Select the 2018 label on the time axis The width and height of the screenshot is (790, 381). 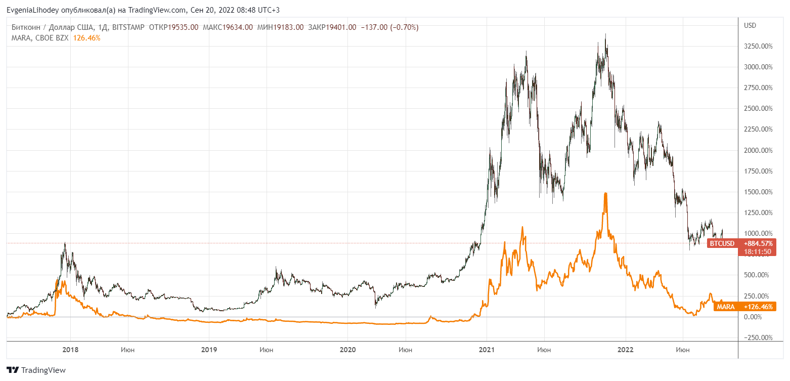click(70, 349)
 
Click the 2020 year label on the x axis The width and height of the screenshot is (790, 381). click(348, 349)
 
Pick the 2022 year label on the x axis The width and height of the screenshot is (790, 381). click(626, 349)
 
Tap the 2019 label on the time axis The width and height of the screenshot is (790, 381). click(209, 349)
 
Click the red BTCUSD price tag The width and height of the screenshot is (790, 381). click(722, 243)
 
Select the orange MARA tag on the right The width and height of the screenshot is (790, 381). click(726, 307)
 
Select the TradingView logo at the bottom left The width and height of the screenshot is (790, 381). click(36, 370)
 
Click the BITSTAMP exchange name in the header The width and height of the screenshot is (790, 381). click(127, 27)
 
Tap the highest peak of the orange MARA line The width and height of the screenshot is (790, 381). click(605, 193)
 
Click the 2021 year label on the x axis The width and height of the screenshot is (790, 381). click(487, 349)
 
